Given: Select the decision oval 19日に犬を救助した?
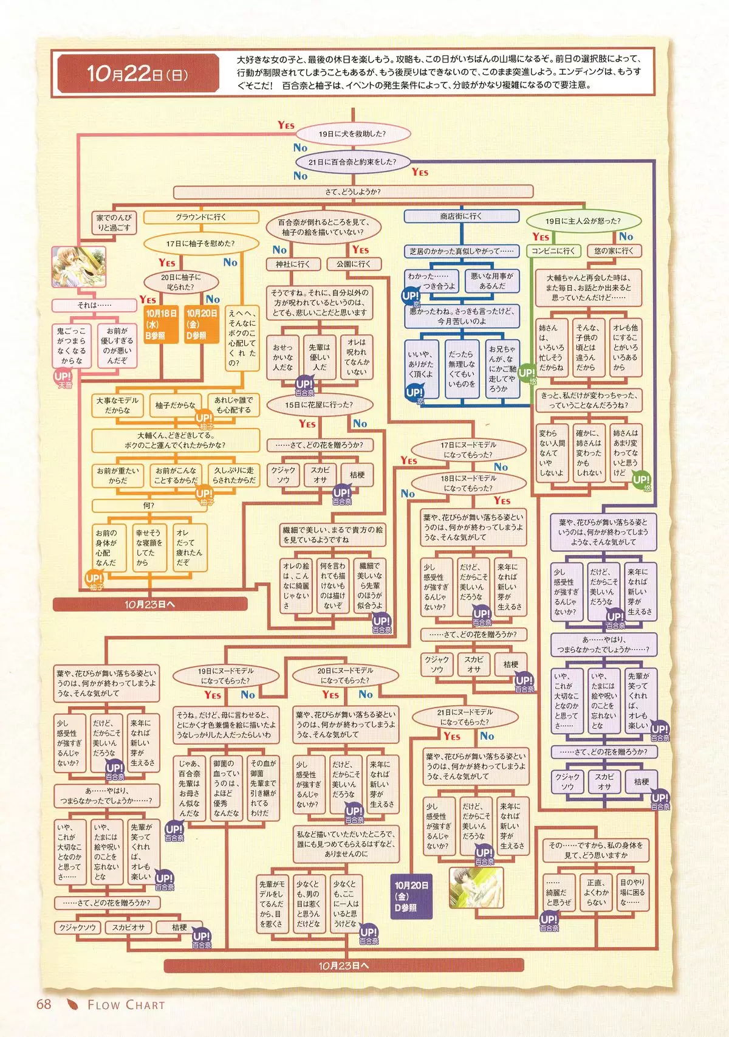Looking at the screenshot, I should pos(352,134).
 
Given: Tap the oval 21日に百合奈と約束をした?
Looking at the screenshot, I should pos(352,162).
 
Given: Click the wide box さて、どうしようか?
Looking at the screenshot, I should pos(352,192).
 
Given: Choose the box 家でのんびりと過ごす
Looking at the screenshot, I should pos(114,222).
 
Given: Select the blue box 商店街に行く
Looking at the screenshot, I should pos(461,216).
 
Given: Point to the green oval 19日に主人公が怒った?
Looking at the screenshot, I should pos(583,221).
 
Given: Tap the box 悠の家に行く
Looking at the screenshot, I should pos(614,250).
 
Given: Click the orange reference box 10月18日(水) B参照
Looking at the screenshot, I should pos(160,324).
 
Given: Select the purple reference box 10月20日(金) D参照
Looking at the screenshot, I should pos(411,897).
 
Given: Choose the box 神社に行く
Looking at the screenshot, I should pos(293,264).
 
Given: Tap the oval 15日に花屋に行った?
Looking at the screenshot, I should pos(319,404).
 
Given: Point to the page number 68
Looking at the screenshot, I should pos(44,1004).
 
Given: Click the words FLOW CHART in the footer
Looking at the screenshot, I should pos(126,1005).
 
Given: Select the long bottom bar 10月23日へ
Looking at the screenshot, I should pos(343,965).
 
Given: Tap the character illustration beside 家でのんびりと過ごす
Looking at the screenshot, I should pos(80,267).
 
